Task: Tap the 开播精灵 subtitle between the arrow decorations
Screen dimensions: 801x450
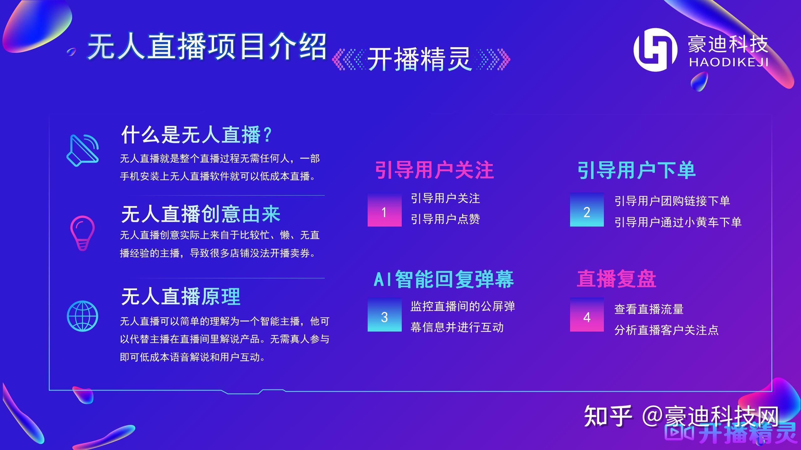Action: point(419,59)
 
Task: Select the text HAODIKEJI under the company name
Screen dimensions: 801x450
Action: point(729,62)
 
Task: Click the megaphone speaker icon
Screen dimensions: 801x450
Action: point(83,150)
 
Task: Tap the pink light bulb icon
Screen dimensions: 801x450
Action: point(82,233)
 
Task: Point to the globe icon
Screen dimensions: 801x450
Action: point(82,316)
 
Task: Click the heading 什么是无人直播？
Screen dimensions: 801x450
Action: point(196,135)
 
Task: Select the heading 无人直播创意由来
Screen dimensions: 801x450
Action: point(201,214)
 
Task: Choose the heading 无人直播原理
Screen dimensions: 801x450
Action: point(181,296)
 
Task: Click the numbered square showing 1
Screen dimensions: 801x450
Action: point(385,209)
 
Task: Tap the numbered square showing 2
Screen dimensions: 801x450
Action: point(587,209)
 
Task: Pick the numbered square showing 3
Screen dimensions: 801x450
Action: point(385,314)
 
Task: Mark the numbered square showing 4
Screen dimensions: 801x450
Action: point(587,314)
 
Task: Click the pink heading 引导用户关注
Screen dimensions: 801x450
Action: point(434,170)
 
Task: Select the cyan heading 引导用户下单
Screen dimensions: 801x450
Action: point(636,170)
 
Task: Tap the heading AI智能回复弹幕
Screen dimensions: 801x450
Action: point(444,279)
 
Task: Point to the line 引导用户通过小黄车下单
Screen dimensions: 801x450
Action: point(678,222)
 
